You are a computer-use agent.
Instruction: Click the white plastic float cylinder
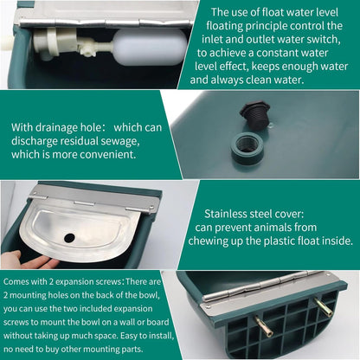click(148, 46)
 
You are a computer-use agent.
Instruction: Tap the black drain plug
click(254, 112)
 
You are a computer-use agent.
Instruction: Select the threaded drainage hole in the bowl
click(249, 144)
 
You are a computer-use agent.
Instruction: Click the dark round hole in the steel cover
click(70, 236)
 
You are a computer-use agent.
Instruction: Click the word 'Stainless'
click(229, 212)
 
